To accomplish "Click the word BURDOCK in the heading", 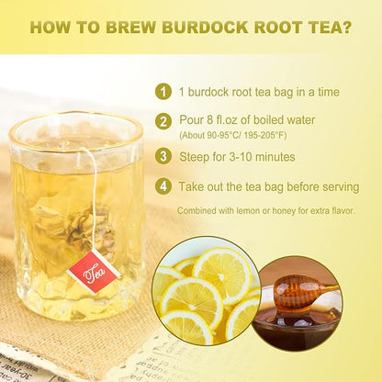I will pyautogui.click(x=184, y=28).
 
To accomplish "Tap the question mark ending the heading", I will pyautogui.click(x=345, y=28).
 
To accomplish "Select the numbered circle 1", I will pyautogui.click(x=163, y=92).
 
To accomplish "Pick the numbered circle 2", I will pyautogui.click(x=163, y=120).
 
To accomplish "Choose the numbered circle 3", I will pyautogui.click(x=163, y=156).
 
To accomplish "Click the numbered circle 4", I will pyautogui.click(x=163, y=186).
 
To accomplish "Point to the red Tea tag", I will pyautogui.click(x=93, y=271).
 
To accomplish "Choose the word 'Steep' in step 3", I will pyautogui.click(x=196, y=157).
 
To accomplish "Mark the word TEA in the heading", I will pyautogui.click(x=316, y=28).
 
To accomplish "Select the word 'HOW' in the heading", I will pyautogui.click(x=51, y=28).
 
